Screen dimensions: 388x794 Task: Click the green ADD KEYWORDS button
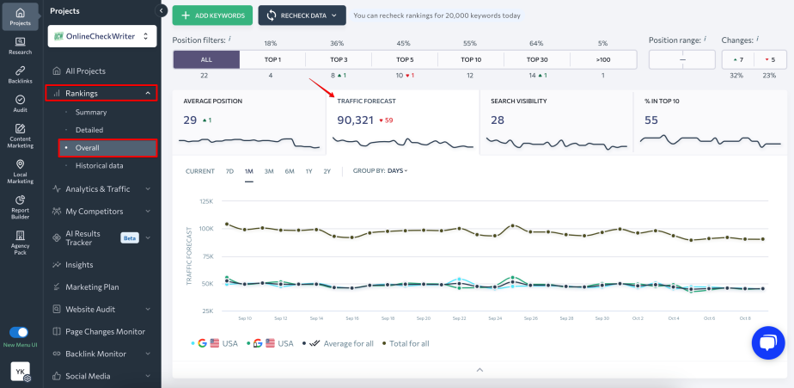[x=212, y=15]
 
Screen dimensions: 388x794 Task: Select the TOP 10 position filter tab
[x=470, y=59]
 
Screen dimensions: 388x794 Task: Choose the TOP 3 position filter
[x=339, y=59]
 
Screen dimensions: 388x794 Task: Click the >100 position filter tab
[x=602, y=59]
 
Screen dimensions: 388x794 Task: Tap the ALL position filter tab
[x=206, y=59]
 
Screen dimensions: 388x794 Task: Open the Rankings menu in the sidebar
[x=101, y=93]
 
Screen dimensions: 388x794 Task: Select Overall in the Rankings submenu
[x=88, y=148]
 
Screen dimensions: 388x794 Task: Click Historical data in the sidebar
[x=99, y=165]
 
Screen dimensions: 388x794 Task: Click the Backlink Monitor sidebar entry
[x=95, y=354]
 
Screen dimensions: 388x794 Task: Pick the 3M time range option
[x=269, y=170]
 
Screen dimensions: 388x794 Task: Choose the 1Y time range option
[x=308, y=170]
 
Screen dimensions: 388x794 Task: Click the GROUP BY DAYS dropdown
[x=381, y=170]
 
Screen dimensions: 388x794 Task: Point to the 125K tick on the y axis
[x=205, y=201]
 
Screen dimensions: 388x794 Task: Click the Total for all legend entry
[x=408, y=343]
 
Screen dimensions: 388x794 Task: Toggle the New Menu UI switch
[x=19, y=332]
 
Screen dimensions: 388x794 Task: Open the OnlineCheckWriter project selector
[x=102, y=36]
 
